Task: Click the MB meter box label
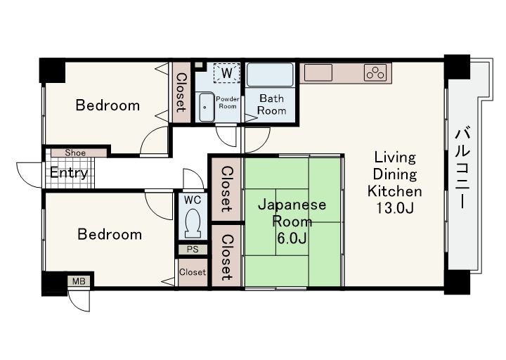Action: coord(79,281)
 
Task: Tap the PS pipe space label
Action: coord(193,250)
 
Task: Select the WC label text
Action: coord(193,200)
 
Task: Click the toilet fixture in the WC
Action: coord(193,224)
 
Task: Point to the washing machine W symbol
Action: coord(226,73)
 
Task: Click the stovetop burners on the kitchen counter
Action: coord(375,72)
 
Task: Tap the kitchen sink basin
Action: coord(318,72)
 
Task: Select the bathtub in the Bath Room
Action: coord(270,75)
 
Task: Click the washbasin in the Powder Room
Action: coord(207,107)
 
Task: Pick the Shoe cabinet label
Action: coord(75,153)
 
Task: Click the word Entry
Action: coord(69,173)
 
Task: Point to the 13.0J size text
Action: coord(395,208)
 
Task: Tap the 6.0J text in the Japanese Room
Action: coord(292,238)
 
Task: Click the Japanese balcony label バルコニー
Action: coord(462,168)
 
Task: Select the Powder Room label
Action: coord(228,103)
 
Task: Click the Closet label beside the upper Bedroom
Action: coord(181,93)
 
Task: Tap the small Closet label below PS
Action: coord(193,272)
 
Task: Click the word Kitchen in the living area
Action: coord(395,191)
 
